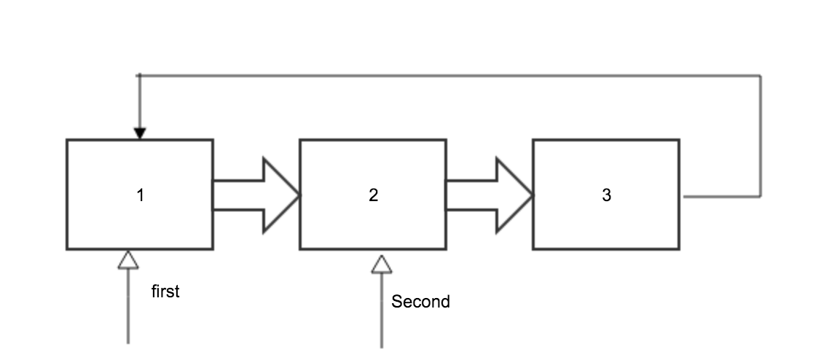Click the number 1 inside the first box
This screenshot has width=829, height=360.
click(140, 195)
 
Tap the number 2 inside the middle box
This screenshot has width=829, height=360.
click(373, 195)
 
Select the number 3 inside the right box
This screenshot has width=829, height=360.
click(606, 195)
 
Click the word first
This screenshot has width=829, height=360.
click(165, 292)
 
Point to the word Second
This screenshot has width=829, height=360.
click(420, 302)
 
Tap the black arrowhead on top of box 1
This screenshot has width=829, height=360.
click(140, 133)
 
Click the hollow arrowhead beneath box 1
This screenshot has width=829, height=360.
click(128, 259)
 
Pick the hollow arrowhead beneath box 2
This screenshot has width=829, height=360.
click(381, 264)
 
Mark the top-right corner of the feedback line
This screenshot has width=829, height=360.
click(761, 75)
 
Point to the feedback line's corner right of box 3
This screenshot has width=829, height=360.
click(761, 197)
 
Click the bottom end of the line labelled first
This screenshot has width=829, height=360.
click(128, 342)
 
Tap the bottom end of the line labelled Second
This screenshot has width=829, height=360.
click(381, 346)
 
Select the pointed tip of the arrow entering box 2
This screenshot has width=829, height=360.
click(299, 195)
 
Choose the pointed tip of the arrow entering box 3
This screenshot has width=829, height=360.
click(532, 195)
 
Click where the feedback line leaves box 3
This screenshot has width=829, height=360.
click(685, 197)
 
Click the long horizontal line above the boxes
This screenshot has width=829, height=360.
click(452, 75)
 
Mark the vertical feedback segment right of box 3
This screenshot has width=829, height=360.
click(761, 136)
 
